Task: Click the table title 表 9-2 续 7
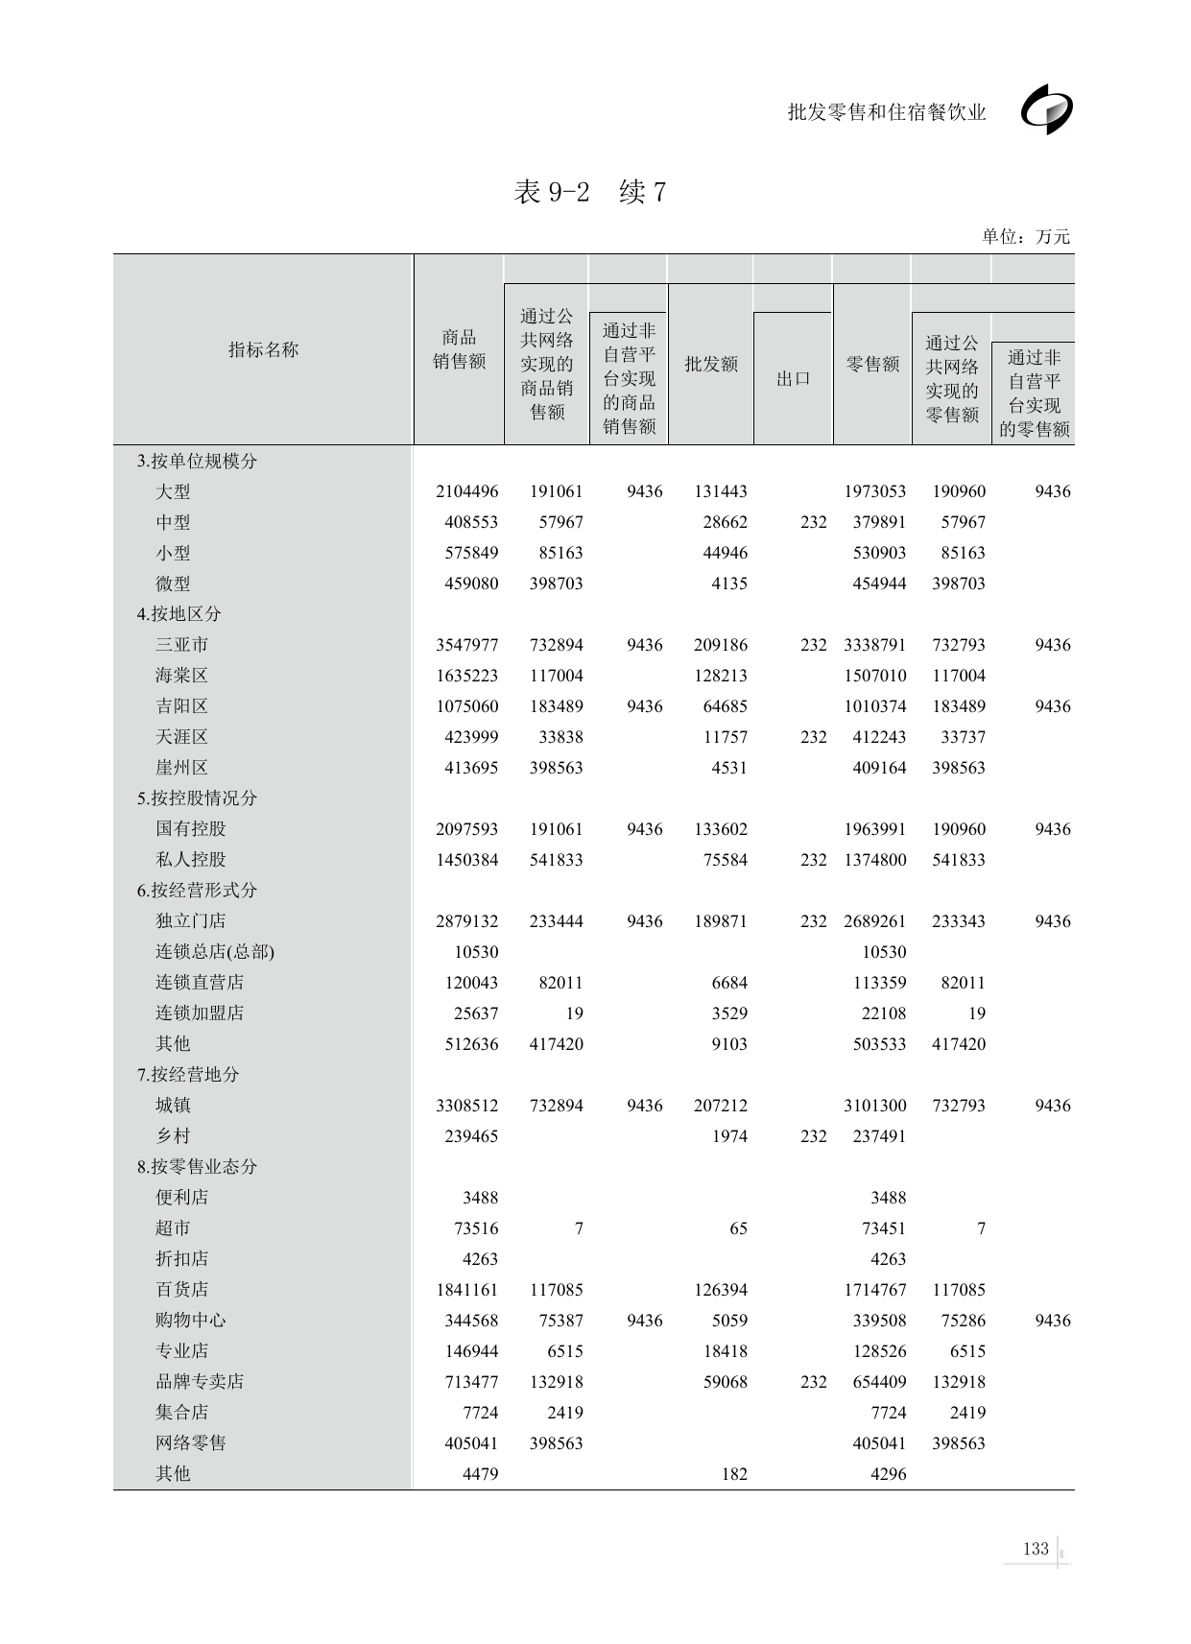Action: pos(589,192)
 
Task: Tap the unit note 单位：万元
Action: pos(1025,236)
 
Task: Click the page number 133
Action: pos(1036,1548)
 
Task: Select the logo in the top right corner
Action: pos(1047,110)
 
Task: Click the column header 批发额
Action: pos(710,364)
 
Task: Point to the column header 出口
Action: pos(793,378)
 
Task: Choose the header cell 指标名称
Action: pos(263,349)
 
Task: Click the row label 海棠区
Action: pos(181,675)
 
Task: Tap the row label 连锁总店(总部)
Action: pos(215,951)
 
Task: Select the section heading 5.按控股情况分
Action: pos(197,798)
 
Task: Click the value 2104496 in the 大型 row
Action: pos(466,490)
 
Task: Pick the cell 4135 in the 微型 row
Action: pos(728,583)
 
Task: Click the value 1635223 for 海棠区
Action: pos(466,675)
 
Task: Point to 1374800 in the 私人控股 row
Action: pos(874,859)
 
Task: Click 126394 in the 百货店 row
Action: pos(720,1289)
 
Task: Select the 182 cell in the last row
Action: pos(733,1473)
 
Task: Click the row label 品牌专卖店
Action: pos(200,1381)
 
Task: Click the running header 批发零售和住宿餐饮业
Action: pos(886,112)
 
